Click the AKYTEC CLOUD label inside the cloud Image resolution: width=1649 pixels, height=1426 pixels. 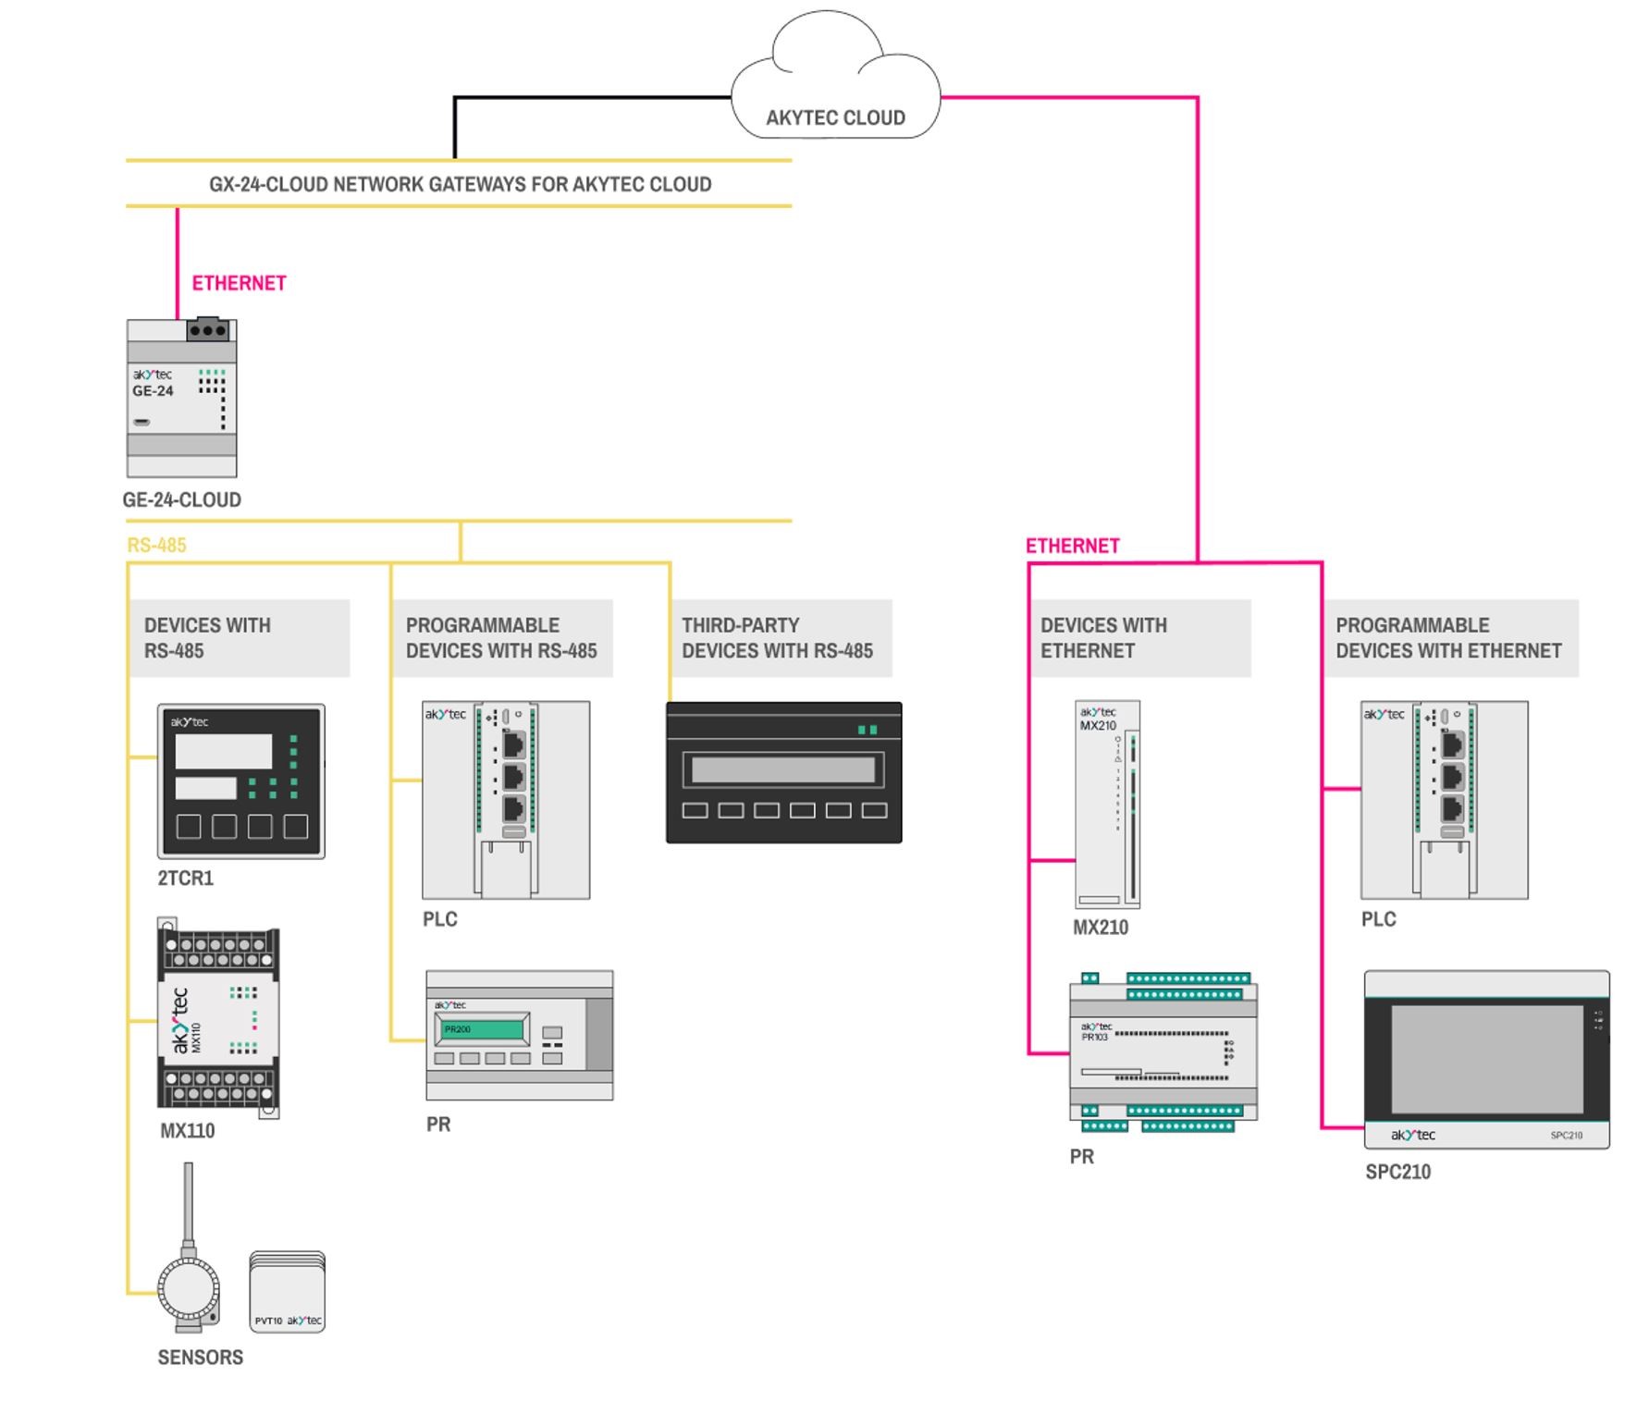[835, 117]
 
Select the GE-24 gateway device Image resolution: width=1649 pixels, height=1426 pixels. [182, 398]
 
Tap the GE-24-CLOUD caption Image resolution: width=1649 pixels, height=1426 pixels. [182, 500]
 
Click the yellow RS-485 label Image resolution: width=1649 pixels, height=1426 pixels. [156, 545]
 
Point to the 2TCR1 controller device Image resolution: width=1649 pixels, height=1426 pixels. [240, 781]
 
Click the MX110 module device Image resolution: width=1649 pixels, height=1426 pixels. [219, 1018]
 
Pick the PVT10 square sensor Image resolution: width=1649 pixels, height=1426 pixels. [288, 1293]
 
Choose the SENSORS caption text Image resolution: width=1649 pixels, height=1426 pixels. [200, 1358]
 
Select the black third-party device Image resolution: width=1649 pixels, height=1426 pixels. [783, 773]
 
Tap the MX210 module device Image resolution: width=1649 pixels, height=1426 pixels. [1107, 805]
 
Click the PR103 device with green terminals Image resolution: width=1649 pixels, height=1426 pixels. [1163, 1052]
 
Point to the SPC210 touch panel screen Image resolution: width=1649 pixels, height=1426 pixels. [1486, 1060]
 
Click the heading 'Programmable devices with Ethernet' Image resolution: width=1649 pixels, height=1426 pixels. [1448, 638]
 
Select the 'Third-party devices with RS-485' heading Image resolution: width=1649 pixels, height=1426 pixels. [777, 638]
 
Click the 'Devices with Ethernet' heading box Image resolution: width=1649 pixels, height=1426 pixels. [1139, 638]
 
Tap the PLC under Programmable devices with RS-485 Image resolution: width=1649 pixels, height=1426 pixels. [506, 800]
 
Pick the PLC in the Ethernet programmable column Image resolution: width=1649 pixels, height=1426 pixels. [1444, 800]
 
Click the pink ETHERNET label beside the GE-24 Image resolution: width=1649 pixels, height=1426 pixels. [239, 283]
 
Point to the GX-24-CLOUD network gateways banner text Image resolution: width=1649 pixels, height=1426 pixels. [460, 184]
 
